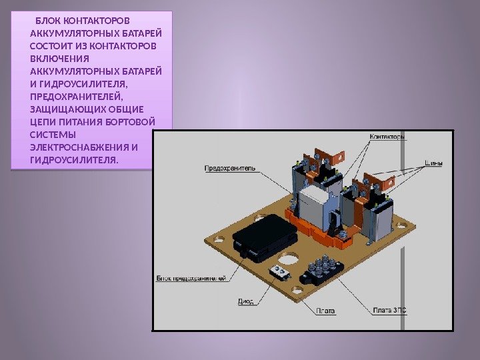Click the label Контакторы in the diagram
tap(387, 137)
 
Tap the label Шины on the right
tap(435, 163)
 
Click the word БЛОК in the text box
tap(51, 20)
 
